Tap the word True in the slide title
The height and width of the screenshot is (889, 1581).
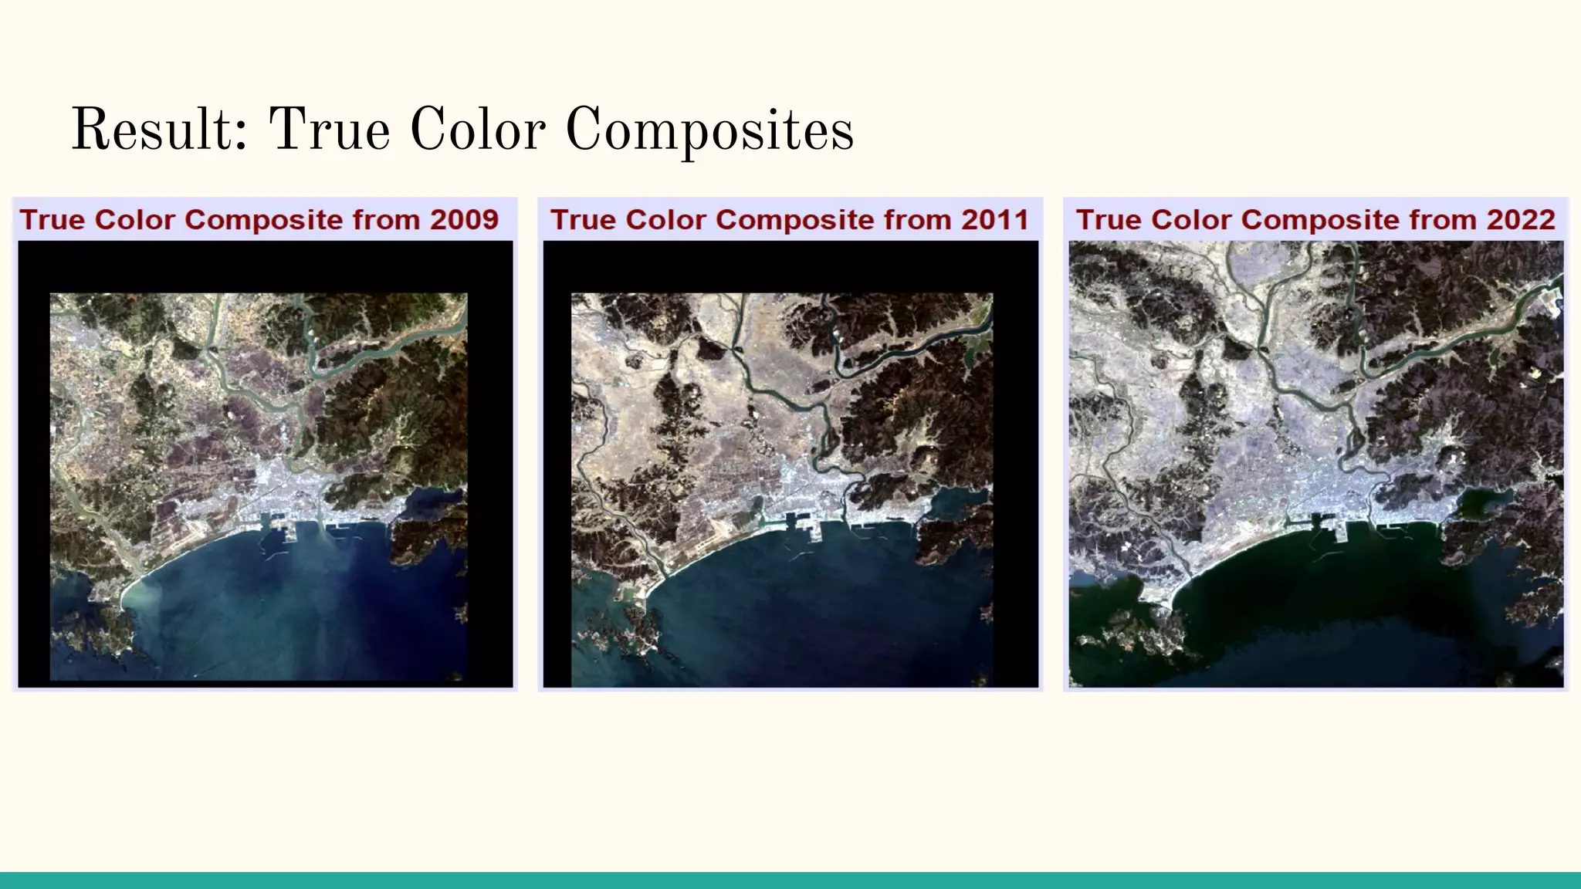330,130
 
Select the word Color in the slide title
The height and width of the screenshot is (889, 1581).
478,130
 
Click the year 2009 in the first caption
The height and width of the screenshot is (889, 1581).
465,220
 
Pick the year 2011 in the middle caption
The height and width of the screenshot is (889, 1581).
995,220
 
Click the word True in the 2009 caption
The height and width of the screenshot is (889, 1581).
52,220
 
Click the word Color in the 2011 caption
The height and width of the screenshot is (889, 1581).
665,220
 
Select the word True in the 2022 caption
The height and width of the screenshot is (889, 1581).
1109,220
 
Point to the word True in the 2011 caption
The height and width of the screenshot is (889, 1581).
583,220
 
